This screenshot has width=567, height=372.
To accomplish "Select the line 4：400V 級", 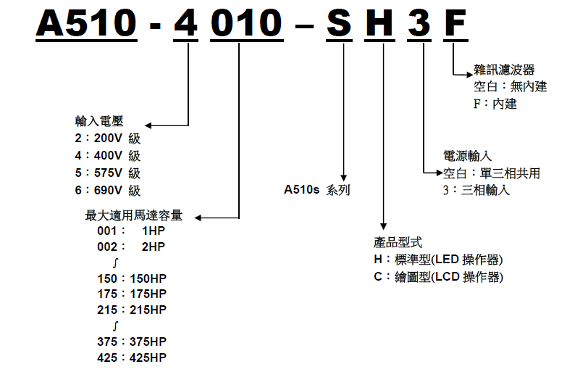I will point(107,156).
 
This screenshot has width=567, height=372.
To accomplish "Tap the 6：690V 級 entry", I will point(107,191).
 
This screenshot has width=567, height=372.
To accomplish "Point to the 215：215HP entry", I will point(131,310).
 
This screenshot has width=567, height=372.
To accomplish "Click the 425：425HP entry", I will point(131,357).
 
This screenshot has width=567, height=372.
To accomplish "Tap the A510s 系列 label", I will point(316,191).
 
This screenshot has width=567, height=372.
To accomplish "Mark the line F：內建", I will point(495,104).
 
